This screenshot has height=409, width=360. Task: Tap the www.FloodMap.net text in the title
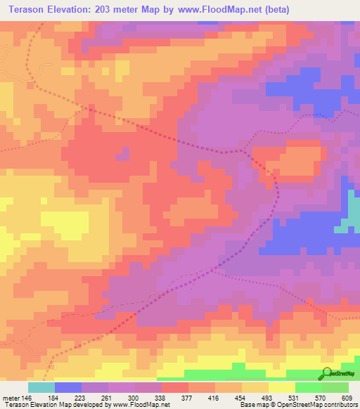[209, 9]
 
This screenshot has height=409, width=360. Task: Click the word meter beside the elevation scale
[11, 398]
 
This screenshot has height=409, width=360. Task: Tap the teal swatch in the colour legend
[41, 387]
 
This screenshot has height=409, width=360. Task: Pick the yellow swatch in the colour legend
[282, 387]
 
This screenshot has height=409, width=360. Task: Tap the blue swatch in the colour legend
[68, 387]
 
